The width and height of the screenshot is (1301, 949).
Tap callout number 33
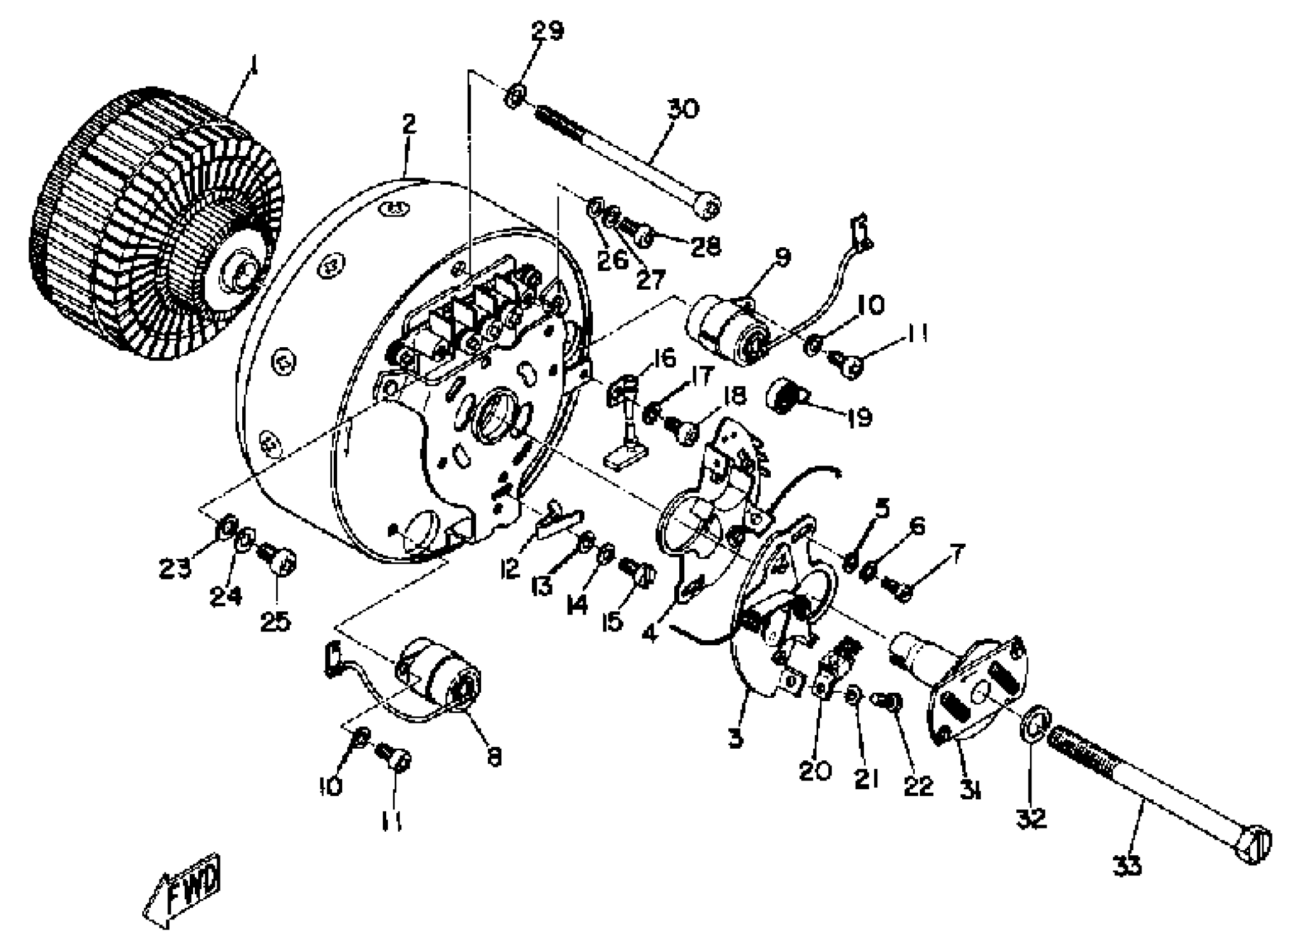tap(1127, 865)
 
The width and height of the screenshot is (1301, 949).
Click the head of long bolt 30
tap(707, 205)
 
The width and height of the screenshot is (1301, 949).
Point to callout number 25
tap(276, 621)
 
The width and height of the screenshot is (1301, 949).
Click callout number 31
tap(971, 792)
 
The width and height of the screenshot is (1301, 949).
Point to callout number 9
tap(783, 257)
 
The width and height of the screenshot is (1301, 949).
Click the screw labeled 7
tap(899, 590)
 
